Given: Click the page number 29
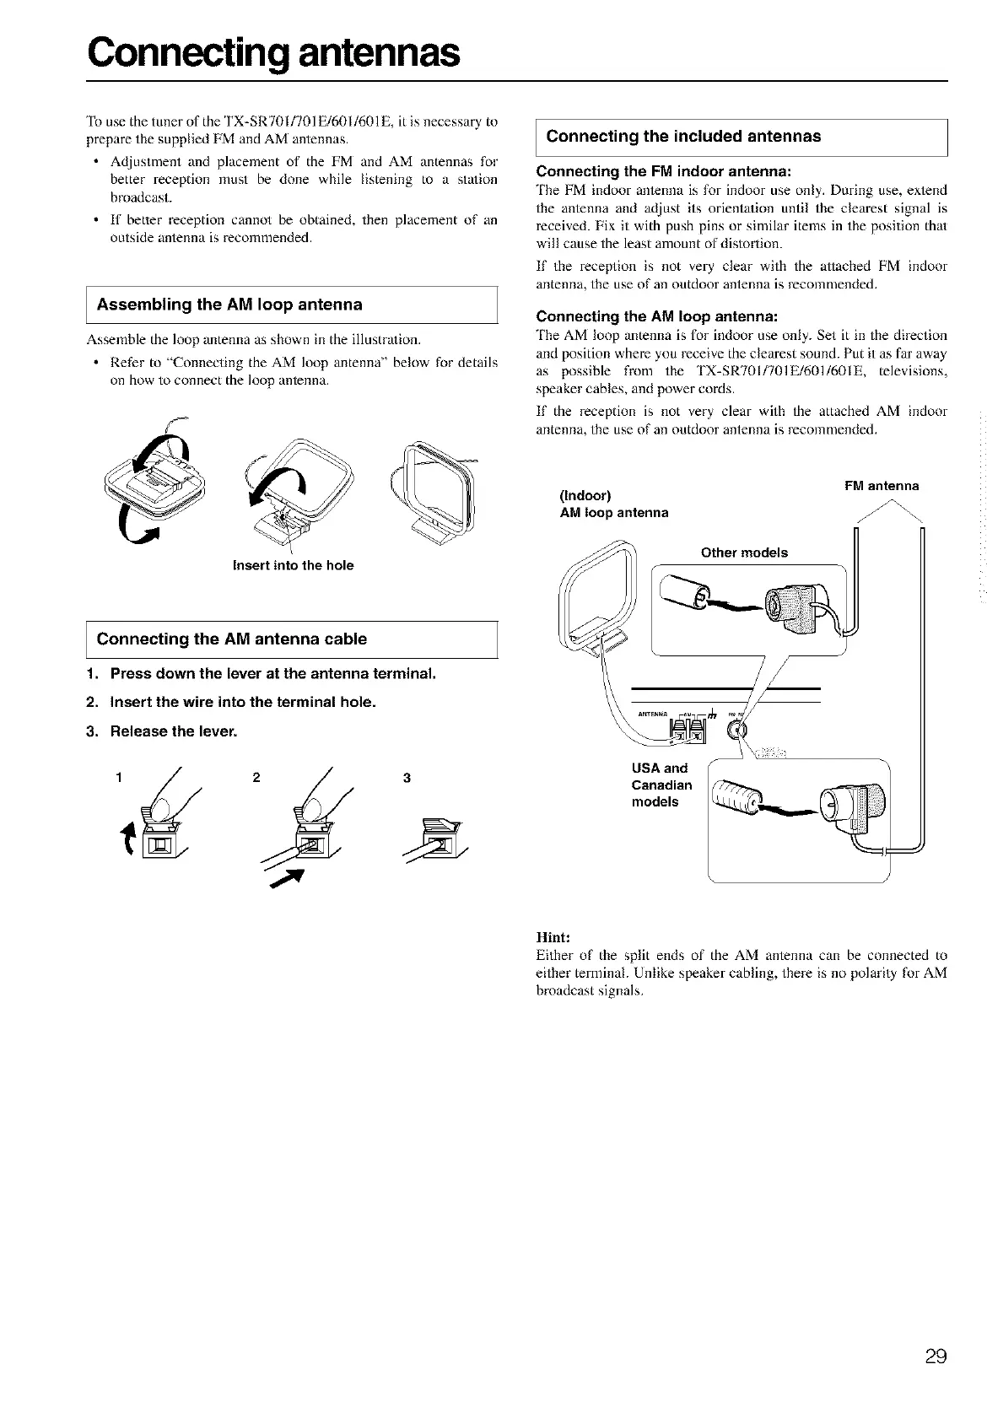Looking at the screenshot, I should (935, 1357).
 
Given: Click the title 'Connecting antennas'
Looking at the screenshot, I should (274, 53).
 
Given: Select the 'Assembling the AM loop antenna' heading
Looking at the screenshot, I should (229, 305).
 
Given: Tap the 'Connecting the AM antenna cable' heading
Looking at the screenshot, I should (232, 639).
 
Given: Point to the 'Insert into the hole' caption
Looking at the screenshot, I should (293, 565).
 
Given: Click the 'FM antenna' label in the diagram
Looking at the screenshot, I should (882, 486).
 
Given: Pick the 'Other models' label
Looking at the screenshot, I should (744, 553).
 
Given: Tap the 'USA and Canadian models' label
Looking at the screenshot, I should (661, 785).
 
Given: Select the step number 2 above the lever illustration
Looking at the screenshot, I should (256, 778).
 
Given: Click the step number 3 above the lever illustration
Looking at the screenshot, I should (407, 778).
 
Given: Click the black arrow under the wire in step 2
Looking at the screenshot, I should (284, 880).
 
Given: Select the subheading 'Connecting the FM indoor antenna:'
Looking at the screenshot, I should (663, 172).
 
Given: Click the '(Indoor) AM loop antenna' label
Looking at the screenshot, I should (614, 504).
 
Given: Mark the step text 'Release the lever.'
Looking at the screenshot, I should (174, 731).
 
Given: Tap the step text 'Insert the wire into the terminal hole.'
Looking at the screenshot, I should (243, 702).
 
